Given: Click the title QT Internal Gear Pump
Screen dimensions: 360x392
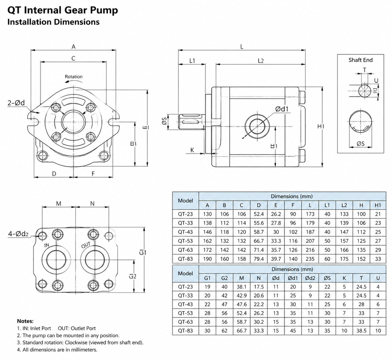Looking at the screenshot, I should [63, 10].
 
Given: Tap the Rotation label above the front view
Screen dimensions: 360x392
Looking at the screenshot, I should [74, 77].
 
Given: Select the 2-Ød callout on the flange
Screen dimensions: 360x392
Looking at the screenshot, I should [16, 103].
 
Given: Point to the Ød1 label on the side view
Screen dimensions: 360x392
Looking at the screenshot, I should [282, 109].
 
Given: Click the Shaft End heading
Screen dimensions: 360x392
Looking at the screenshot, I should [361, 60].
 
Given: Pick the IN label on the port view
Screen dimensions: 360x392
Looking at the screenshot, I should [46, 245].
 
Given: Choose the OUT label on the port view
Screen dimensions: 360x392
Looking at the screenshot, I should [86, 245].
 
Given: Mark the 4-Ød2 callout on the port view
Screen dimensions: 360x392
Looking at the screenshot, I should [18, 234].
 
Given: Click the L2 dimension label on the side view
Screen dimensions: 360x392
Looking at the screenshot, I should [261, 61].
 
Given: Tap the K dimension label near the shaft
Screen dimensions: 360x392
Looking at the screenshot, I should [192, 150].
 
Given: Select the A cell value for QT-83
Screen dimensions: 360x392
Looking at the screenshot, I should [207, 259].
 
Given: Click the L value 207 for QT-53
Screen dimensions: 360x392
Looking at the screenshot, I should [310, 241].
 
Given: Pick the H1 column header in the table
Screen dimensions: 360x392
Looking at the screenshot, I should [378, 205].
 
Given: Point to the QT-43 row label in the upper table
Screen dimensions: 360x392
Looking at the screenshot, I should [185, 232].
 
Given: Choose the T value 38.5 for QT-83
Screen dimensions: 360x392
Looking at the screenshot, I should [361, 331].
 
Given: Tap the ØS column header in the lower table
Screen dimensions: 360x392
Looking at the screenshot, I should [327, 278].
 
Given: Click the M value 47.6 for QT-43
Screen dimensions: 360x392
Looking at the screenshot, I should [241, 304].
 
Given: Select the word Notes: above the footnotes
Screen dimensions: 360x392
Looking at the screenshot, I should [25, 321].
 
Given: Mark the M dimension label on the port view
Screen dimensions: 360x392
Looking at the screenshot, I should [59, 204].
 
